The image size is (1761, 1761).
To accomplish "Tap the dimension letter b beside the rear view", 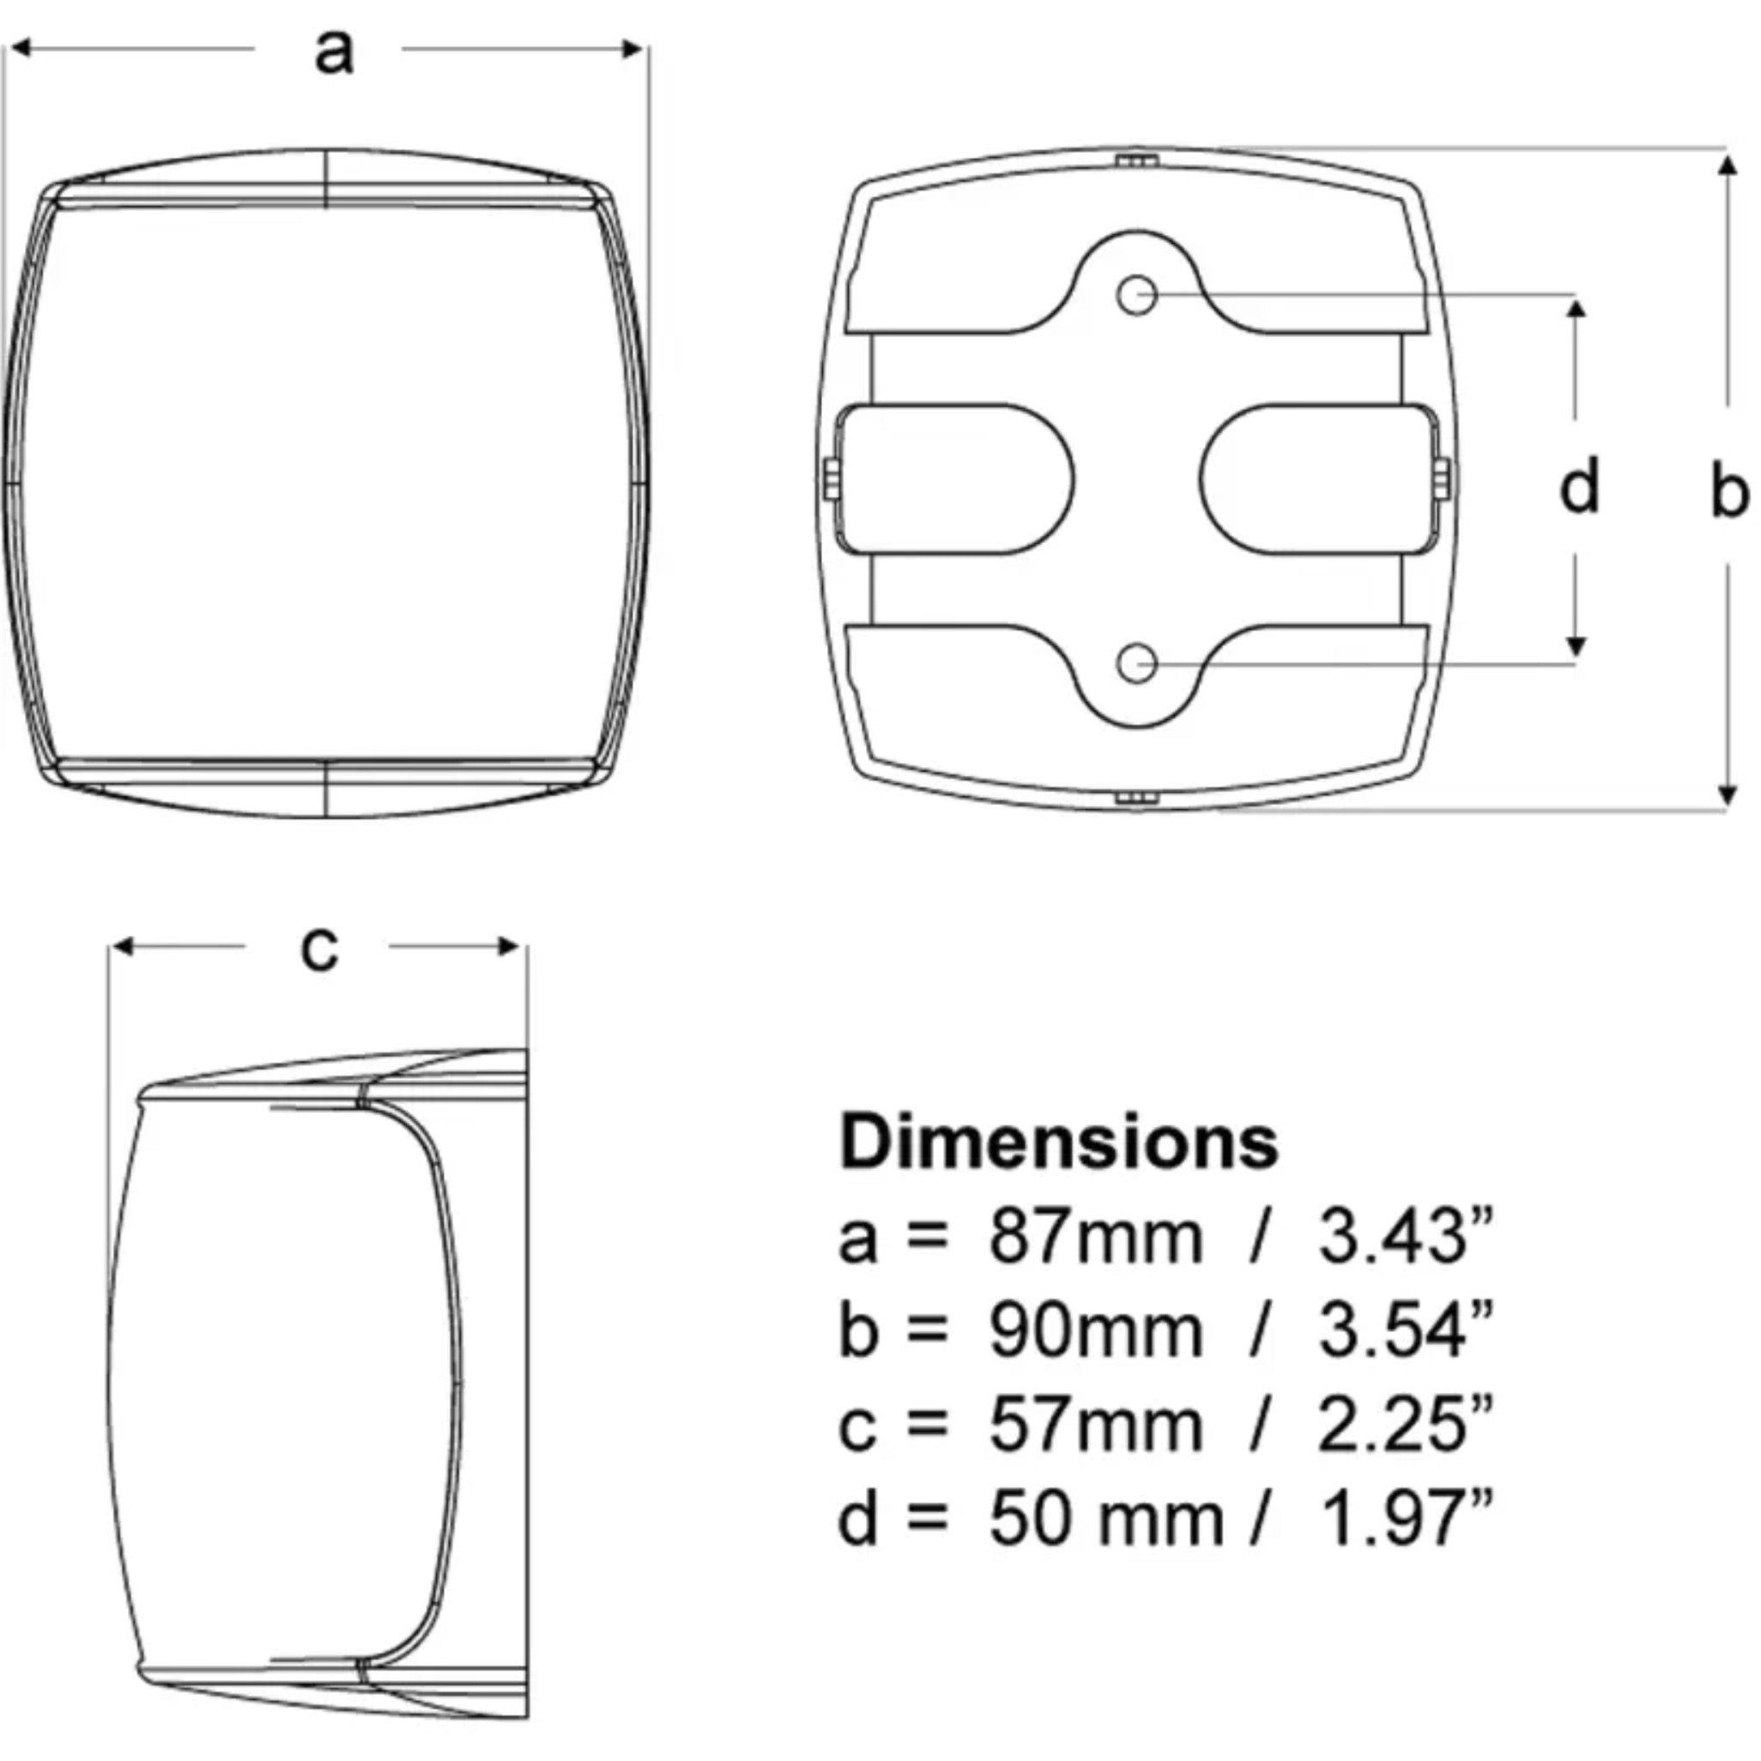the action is tap(1729, 490).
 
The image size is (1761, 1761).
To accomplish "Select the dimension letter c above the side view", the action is tap(319, 949).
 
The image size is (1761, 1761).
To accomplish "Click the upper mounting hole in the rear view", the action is tap(1136, 295).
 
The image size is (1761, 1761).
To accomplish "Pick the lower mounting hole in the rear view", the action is tap(1136, 663).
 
